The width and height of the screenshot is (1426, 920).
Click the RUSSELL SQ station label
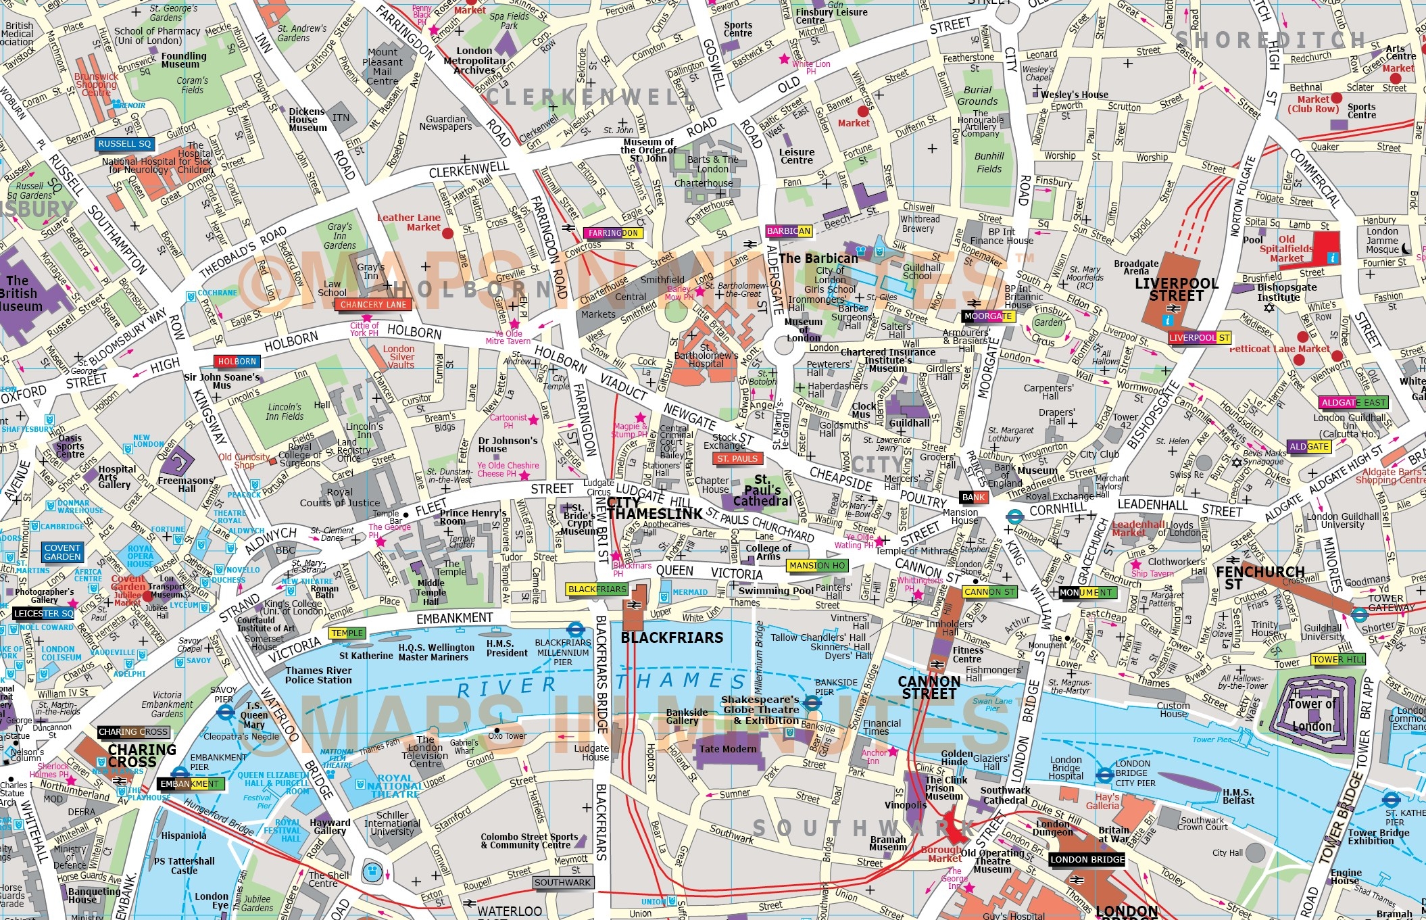click(x=125, y=144)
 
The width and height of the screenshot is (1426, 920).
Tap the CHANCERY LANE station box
click(x=374, y=305)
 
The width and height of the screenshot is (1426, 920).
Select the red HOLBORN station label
click(x=237, y=362)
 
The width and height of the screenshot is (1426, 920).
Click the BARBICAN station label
click(x=788, y=231)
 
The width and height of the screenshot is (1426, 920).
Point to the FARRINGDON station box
click(x=612, y=233)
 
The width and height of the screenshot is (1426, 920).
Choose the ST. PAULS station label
click(x=737, y=459)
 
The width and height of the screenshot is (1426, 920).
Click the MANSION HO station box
click(x=817, y=566)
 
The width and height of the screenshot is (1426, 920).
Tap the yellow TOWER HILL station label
click(x=1338, y=660)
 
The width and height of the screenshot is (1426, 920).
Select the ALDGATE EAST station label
click(x=1354, y=403)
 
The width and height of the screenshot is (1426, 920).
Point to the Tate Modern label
click(x=728, y=749)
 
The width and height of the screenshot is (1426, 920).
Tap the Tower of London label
click(x=1312, y=715)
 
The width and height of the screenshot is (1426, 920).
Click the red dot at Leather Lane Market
click(x=447, y=233)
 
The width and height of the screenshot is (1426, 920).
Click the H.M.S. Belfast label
click(x=1238, y=796)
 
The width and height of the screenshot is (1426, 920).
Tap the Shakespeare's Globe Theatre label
click(x=761, y=710)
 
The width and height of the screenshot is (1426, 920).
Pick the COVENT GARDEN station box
click(x=62, y=552)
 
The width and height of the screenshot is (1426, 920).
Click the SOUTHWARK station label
click(x=562, y=883)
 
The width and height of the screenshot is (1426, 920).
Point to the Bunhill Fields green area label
click(x=989, y=162)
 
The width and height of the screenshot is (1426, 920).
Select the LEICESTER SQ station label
click(x=43, y=614)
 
